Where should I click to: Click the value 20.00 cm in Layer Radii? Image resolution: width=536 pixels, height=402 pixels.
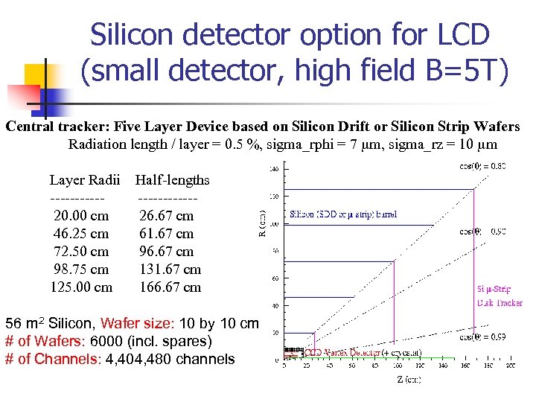coord(81,215)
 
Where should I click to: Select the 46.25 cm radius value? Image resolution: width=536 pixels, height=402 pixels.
coord(81,233)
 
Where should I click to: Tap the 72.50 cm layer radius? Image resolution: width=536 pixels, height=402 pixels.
coord(81,251)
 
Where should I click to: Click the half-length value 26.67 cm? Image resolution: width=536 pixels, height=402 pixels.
coord(167,215)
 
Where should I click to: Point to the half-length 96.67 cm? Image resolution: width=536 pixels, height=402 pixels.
coord(167,251)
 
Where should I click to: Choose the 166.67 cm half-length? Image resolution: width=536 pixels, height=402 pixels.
coord(170,287)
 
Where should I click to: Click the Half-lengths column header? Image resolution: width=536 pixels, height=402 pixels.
coord(172,179)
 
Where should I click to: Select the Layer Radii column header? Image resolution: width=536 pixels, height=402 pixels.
coord(84,179)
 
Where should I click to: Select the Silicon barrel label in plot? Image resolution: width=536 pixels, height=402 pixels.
coord(342,214)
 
